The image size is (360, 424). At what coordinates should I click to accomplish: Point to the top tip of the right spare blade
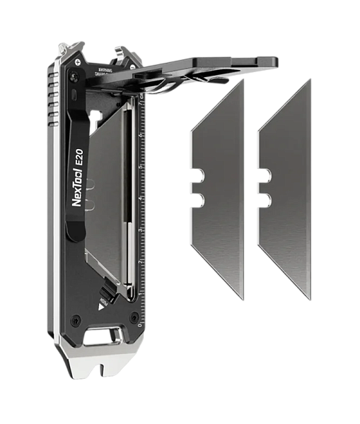tap(309, 80)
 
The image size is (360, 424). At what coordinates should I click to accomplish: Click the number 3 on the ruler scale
tap(141, 230)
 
